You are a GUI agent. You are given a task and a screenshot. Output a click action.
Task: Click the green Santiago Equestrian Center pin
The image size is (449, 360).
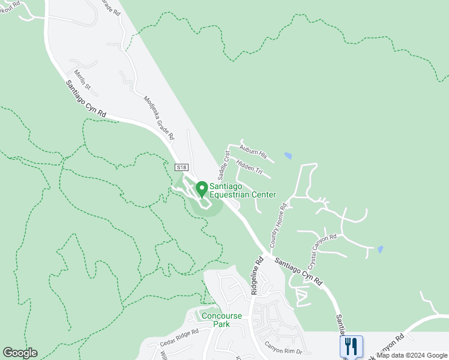[202, 188]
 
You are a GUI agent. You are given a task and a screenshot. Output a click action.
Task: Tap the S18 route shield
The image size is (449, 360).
[181, 167]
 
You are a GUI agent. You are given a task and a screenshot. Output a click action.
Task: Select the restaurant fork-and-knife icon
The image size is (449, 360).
[351, 346]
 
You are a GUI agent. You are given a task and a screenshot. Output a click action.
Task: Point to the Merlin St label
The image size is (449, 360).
[82, 80]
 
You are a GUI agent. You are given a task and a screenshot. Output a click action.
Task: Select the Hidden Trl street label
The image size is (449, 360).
[250, 167]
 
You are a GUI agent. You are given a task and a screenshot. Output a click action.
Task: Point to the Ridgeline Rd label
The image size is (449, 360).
[258, 275]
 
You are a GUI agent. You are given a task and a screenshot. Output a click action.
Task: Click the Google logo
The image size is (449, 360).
[20, 353]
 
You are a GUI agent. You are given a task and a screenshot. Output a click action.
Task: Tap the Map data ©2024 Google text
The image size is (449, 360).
[412, 355]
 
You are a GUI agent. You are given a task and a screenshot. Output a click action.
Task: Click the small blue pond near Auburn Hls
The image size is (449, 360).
[288, 156]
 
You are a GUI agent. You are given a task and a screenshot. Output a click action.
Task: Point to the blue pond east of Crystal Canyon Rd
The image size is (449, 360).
[381, 249]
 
